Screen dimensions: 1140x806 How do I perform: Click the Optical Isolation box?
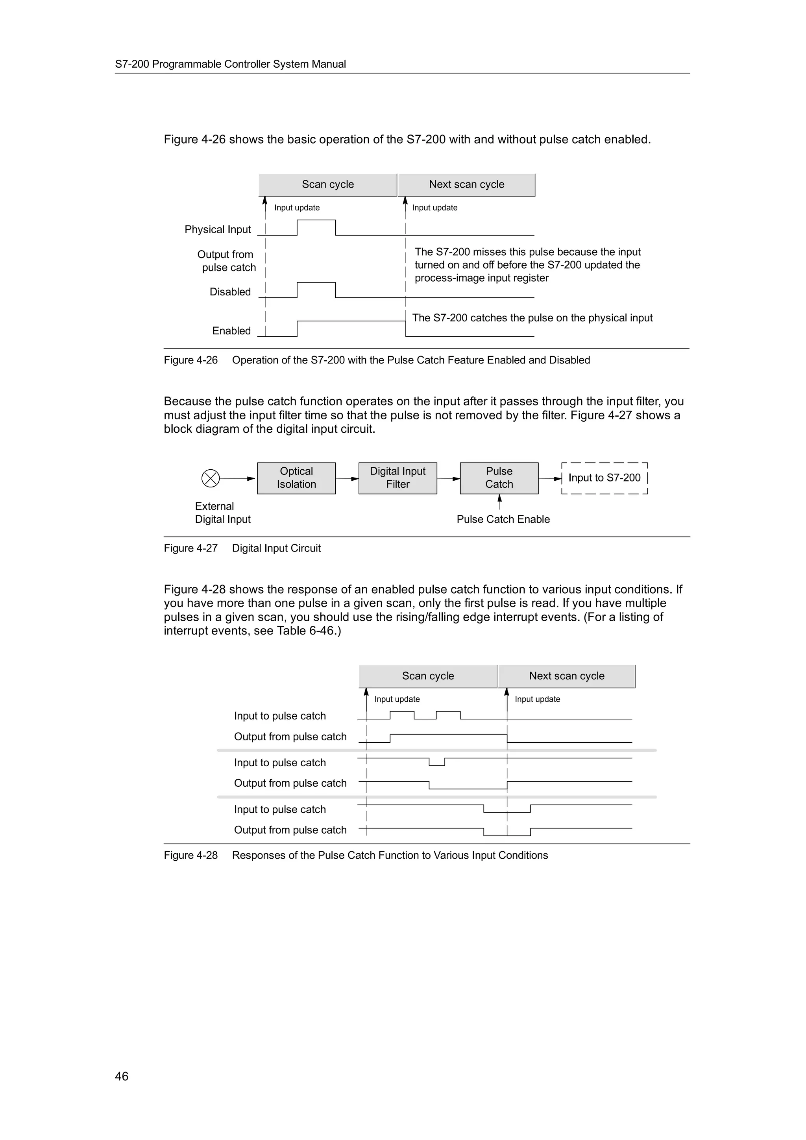[x=296, y=478]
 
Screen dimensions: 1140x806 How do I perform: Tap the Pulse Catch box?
[x=499, y=478]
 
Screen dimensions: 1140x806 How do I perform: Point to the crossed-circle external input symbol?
[x=211, y=478]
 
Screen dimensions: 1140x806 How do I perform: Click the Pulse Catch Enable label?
[x=503, y=519]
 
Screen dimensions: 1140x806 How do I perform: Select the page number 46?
[x=122, y=1076]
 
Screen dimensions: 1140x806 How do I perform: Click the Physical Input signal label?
[x=218, y=229]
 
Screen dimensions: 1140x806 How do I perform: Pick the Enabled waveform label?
[x=231, y=331]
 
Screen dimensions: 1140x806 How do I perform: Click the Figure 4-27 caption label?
[x=191, y=548]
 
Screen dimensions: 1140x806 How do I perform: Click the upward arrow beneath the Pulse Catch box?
[x=499, y=502]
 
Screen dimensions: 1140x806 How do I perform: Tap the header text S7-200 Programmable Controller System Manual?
[x=231, y=64]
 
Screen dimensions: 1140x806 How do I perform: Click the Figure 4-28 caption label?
[x=191, y=855]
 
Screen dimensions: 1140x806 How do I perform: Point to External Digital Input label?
[x=222, y=513]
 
